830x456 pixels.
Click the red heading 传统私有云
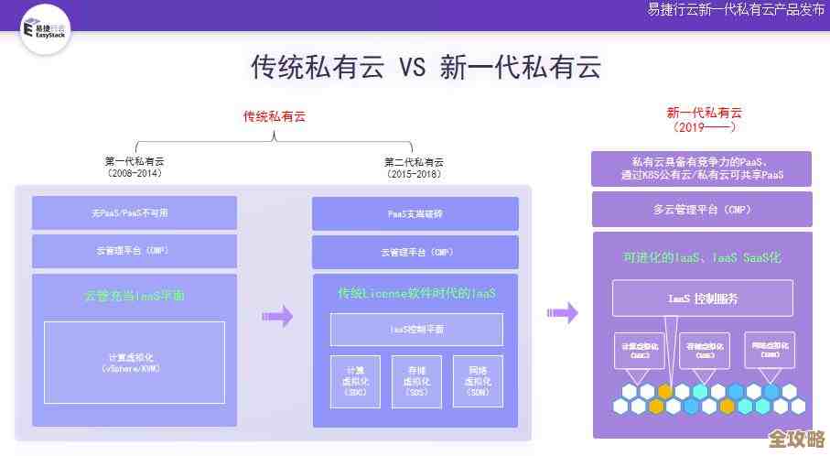[x=274, y=116]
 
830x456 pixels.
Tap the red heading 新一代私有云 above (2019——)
[x=704, y=113]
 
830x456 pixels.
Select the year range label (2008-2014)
[x=134, y=173]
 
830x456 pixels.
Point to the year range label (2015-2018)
[x=414, y=173]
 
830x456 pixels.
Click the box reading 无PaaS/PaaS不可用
[x=134, y=212]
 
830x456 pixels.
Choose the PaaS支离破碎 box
[x=415, y=213]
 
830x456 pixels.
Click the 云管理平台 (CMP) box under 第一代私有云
[x=134, y=251]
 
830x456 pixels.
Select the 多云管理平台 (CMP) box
[x=702, y=210]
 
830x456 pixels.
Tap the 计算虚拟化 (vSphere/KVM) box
[x=134, y=362]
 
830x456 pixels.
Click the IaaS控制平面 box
[x=416, y=329]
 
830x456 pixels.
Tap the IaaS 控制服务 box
[x=703, y=299]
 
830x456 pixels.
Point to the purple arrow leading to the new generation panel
[x=562, y=312]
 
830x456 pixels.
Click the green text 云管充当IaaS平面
[x=134, y=296]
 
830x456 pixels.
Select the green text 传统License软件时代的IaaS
[x=416, y=294]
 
